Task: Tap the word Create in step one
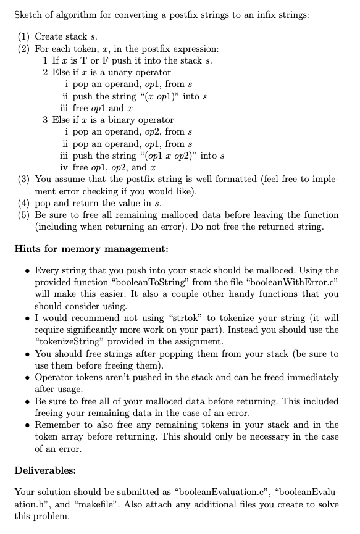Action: (x=50, y=37)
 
